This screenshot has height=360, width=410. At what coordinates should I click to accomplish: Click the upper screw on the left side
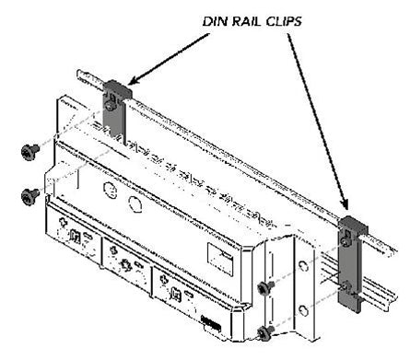pyautogui.click(x=28, y=151)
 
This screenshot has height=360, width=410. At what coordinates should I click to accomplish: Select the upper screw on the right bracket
pyautogui.click(x=265, y=288)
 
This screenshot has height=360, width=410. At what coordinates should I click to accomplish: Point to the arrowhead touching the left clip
pyautogui.click(x=130, y=82)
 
